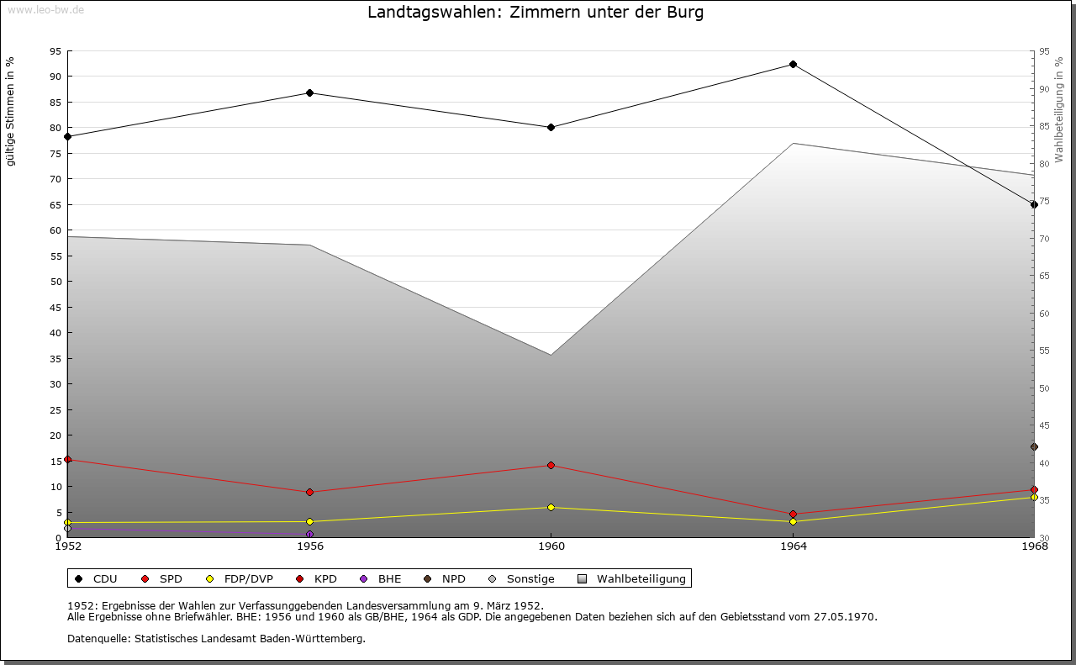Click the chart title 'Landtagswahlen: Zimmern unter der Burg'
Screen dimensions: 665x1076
(535, 13)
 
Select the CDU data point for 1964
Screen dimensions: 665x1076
(793, 65)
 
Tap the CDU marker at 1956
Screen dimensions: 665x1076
(309, 92)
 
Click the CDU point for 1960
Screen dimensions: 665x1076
(551, 128)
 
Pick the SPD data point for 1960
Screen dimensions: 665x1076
(551, 465)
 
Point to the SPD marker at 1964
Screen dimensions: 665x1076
(793, 514)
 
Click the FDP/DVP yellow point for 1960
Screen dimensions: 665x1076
(551, 507)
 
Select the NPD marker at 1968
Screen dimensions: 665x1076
(1034, 446)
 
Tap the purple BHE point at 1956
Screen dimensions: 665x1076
(309, 534)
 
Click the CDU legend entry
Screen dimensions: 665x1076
(96, 578)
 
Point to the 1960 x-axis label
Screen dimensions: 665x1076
(551, 546)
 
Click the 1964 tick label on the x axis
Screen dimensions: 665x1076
(793, 546)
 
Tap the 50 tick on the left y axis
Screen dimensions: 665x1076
(55, 282)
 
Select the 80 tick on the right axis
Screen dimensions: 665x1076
(1044, 164)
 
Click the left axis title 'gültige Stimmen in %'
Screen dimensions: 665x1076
(11, 112)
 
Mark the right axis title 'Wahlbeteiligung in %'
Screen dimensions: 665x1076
(1059, 109)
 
